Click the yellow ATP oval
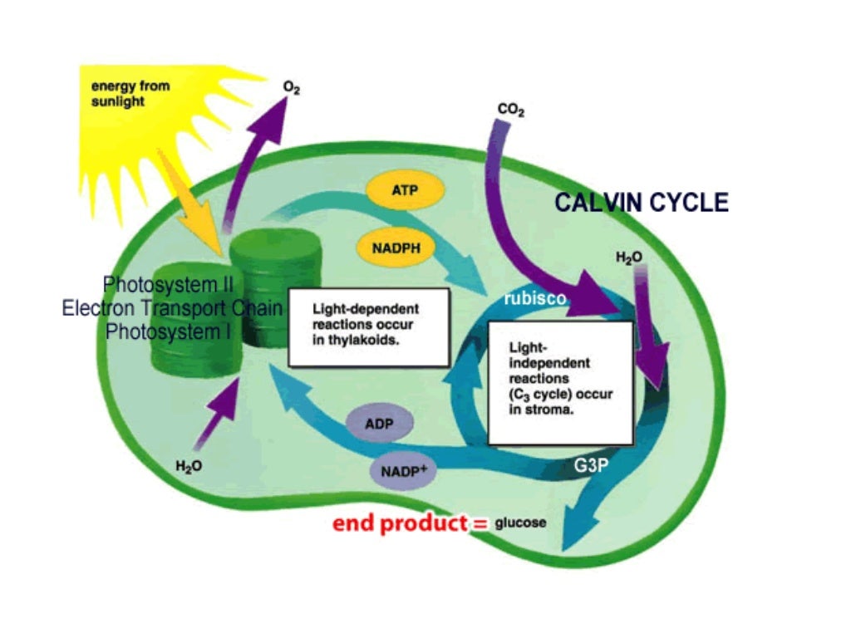click(406, 190)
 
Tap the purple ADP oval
click(378, 425)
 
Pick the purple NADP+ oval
click(403, 471)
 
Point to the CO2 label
click(510, 110)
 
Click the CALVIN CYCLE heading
click(641, 202)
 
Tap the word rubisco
click(536, 299)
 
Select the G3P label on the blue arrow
click(591, 466)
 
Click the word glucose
click(521, 523)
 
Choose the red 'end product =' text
click(409, 524)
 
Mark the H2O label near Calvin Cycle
click(628, 258)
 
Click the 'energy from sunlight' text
click(118, 94)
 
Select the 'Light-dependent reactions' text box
click(368, 326)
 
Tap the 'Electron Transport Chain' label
click(172, 308)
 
